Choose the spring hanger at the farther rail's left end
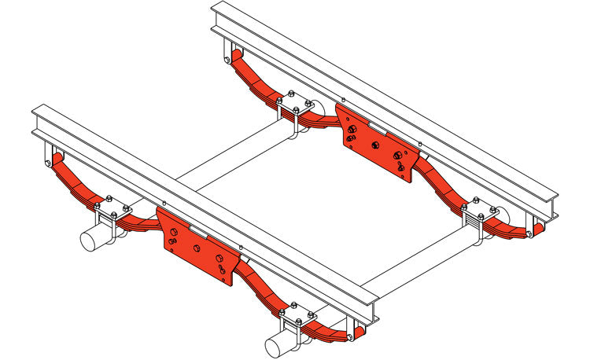point(228,53)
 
